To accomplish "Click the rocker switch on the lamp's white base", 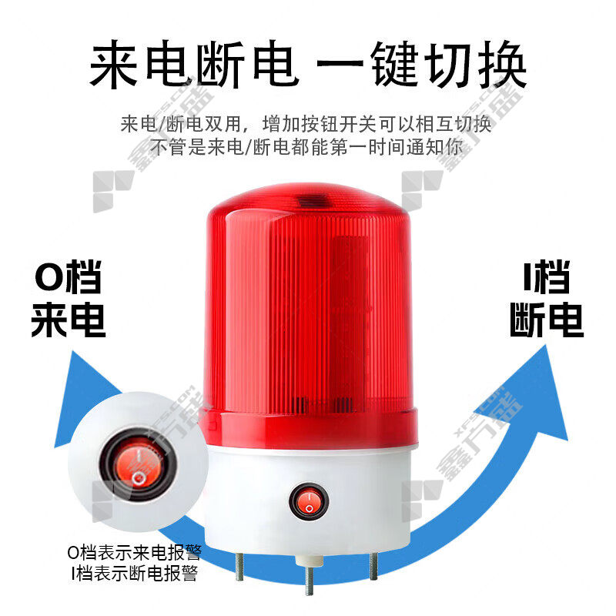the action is point(309,502).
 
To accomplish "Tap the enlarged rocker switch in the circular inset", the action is point(138,465).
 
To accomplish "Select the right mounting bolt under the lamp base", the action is point(373,565).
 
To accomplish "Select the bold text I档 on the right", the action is point(547,276).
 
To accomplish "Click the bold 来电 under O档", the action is point(69,320).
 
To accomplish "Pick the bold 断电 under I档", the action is point(547,320).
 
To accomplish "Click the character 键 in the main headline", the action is point(396,64).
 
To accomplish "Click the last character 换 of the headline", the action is point(502,64).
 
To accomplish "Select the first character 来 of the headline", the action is point(114,64).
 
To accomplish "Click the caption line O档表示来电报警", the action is point(134,552).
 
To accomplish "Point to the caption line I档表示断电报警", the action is point(134,573).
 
